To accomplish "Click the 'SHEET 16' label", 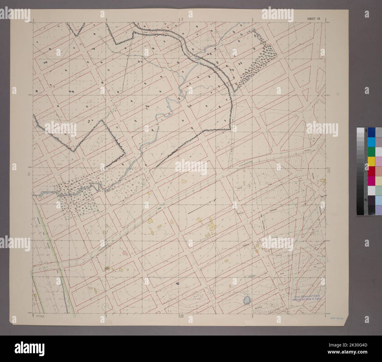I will (x=314, y=18).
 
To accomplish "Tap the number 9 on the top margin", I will (x=182, y=19).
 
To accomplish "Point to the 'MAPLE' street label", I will (x=278, y=255).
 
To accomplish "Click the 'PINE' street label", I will (x=270, y=184).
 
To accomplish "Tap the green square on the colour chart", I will (x=371, y=151).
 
